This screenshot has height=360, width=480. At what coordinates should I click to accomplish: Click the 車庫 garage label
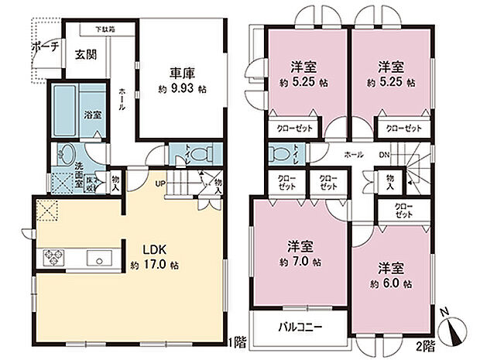(x=183, y=74)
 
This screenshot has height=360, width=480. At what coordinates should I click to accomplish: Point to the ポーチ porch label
(x=44, y=46)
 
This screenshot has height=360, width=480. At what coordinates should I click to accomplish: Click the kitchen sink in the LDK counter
(x=100, y=258)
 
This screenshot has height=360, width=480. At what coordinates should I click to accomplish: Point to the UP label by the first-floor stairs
(x=159, y=184)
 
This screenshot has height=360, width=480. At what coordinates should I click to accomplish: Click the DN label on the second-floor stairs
(x=383, y=155)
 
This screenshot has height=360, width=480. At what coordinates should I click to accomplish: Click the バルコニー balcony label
(x=300, y=326)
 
